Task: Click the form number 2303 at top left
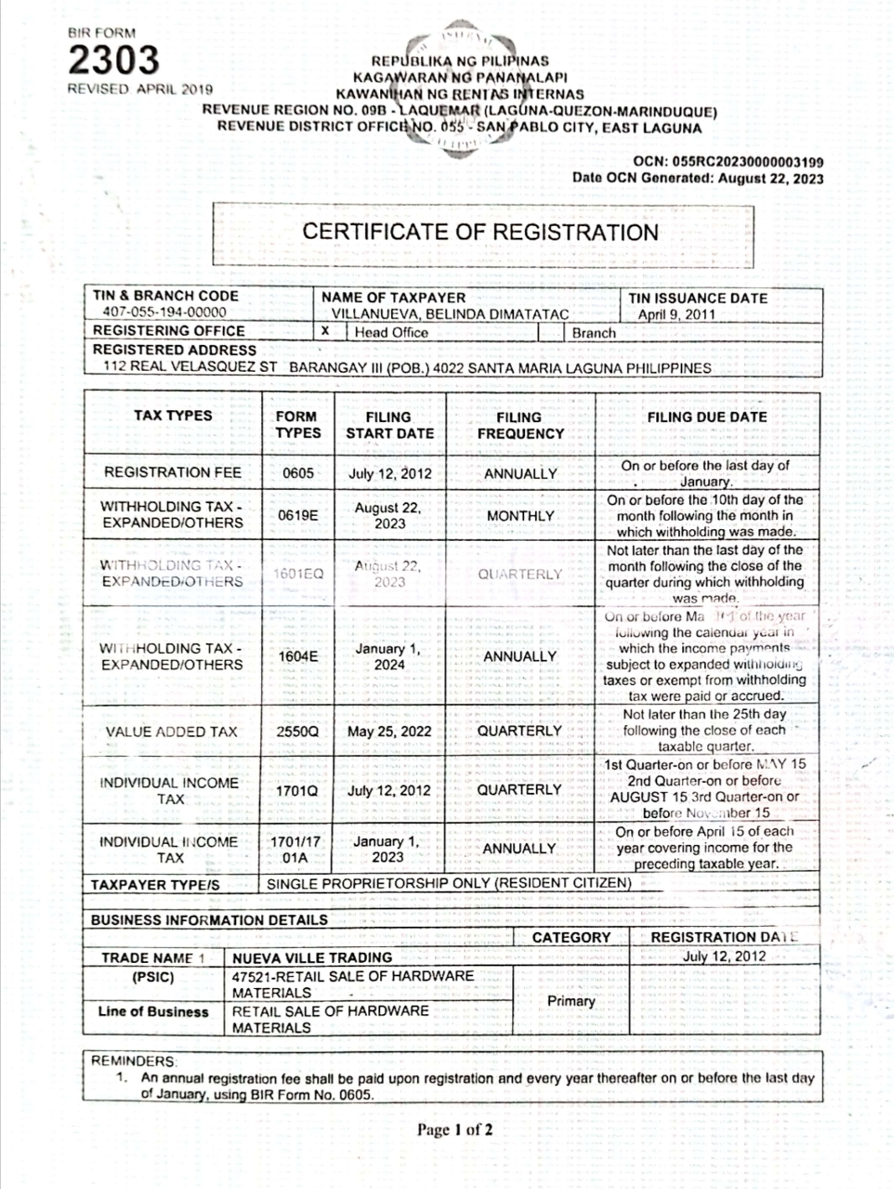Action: (113, 60)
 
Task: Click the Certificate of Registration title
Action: (480, 232)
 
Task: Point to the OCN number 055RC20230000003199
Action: (728, 162)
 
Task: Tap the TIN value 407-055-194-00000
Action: (164, 312)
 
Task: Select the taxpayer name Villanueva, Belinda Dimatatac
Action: (450, 315)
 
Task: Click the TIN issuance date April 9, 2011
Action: (676, 315)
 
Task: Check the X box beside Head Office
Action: (327, 332)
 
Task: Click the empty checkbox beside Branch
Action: (550, 332)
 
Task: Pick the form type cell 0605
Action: (298, 473)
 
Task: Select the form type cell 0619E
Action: (298, 515)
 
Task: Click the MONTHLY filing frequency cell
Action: (520, 516)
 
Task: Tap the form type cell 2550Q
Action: (298, 731)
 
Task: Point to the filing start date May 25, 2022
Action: (389, 731)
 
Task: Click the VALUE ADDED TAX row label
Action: (172, 731)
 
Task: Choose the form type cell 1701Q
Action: (298, 790)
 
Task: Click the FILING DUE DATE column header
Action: (706, 417)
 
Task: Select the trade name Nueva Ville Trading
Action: (312, 957)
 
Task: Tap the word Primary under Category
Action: (571, 1001)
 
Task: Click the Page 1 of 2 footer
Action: (455, 1130)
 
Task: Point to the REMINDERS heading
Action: (134, 1061)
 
